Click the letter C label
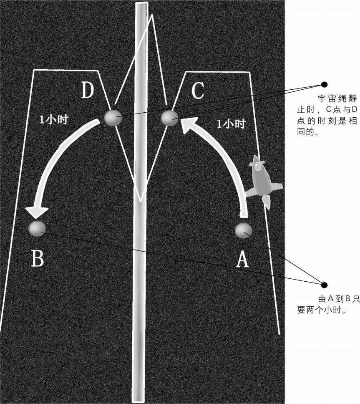click(198, 91)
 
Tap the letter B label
click(38, 258)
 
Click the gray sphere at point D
click(113, 118)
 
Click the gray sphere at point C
click(169, 118)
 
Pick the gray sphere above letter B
click(37, 228)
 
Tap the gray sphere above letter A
click(243, 231)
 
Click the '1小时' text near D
click(54, 119)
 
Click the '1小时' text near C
click(231, 124)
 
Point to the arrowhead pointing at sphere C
click(191, 126)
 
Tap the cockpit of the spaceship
click(257, 167)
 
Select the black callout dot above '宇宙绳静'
click(325, 84)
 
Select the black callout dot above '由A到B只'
click(325, 285)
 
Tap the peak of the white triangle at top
click(152, 15)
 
